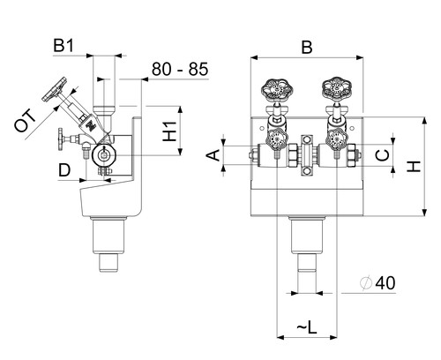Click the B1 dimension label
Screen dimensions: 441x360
point(64,46)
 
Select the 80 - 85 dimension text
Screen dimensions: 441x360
point(180,69)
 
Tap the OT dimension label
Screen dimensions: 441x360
point(26,121)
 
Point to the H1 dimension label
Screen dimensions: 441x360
point(169,131)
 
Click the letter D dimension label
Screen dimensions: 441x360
point(64,170)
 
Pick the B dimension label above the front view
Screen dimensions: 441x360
point(307,48)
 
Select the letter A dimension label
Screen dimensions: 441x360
point(214,155)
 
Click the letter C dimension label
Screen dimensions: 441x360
point(383,154)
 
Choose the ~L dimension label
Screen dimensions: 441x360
point(307,327)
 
